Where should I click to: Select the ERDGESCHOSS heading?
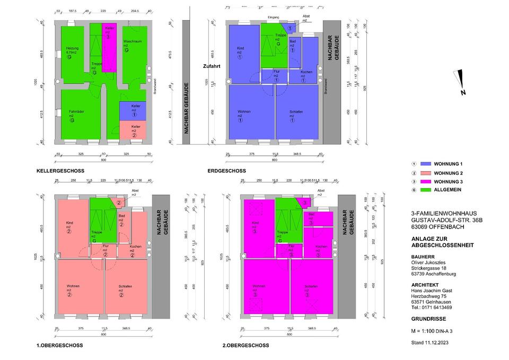coord(227,171)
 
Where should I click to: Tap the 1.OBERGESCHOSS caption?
coord(59,345)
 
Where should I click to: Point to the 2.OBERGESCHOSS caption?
coord(246,345)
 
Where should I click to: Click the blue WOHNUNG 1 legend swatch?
coord(426,165)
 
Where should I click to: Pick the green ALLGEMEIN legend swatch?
coord(426,189)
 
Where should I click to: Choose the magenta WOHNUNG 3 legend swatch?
coord(426,181)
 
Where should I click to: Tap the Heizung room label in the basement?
coord(73,48)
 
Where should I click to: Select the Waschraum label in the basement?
coord(131,41)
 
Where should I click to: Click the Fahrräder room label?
coord(77,111)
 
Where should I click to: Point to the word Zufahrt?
coord(210,67)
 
